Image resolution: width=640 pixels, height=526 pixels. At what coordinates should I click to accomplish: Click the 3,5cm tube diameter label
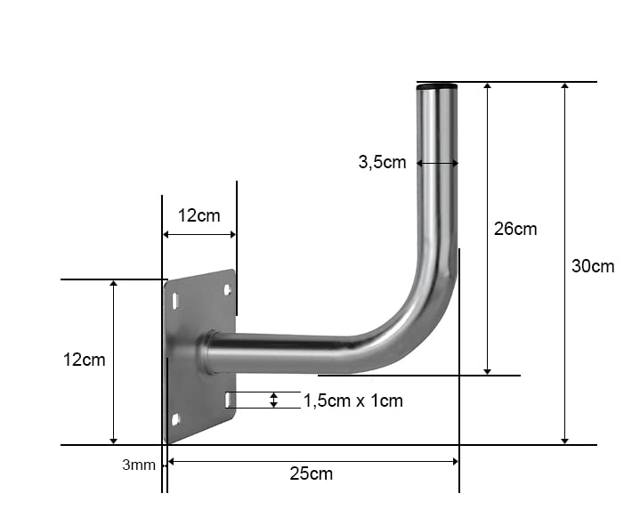(x=382, y=162)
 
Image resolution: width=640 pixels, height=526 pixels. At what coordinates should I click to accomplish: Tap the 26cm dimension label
(x=515, y=229)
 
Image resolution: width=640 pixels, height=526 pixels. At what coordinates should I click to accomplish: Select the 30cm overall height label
(x=593, y=266)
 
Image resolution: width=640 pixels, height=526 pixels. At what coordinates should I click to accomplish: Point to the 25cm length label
(x=311, y=473)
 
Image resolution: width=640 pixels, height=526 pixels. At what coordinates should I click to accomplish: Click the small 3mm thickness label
(x=139, y=465)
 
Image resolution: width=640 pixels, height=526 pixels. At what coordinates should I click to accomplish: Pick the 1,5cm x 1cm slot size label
(x=353, y=401)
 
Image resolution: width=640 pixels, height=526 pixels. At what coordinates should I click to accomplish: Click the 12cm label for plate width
(x=198, y=215)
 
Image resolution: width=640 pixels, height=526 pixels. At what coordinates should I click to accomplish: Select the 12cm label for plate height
(x=84, y=360)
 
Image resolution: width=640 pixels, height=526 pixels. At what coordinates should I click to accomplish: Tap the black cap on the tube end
(x=436, y=86)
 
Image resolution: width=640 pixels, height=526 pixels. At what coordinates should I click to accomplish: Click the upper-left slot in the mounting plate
(x=175, y=301)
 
